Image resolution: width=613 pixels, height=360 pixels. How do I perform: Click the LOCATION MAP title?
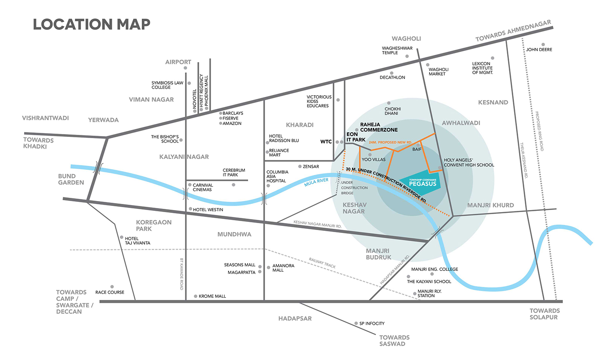[92, 25]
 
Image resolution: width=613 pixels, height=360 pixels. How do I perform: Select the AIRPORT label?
[178, 62]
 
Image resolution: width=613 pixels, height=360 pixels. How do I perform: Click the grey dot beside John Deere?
[543, 45]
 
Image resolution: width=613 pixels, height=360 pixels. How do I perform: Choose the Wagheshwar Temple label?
[397, 50]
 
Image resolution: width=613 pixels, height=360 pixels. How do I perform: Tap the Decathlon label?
[392, 77]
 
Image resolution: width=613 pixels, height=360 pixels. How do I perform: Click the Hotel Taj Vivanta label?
[137, 241]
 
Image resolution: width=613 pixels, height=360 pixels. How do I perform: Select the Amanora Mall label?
[283, 268]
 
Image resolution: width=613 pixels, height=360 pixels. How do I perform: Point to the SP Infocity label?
[371, 323]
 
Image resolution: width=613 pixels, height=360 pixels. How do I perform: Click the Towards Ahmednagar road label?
[513, 31]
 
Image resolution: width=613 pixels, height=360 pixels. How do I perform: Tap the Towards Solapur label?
[544, 314]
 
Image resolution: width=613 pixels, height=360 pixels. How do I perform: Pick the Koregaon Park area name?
[153, 226]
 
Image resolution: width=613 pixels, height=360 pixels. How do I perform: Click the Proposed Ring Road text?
[539, 131]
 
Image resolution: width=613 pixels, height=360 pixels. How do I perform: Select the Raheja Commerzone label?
[378, 127]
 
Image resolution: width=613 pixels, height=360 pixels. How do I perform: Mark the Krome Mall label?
[212, 296]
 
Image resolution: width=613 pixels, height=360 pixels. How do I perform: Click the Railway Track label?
[322, 263]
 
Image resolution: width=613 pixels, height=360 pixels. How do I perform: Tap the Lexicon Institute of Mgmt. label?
[482, 68]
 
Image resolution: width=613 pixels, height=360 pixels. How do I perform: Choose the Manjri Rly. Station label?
[429, 293]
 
